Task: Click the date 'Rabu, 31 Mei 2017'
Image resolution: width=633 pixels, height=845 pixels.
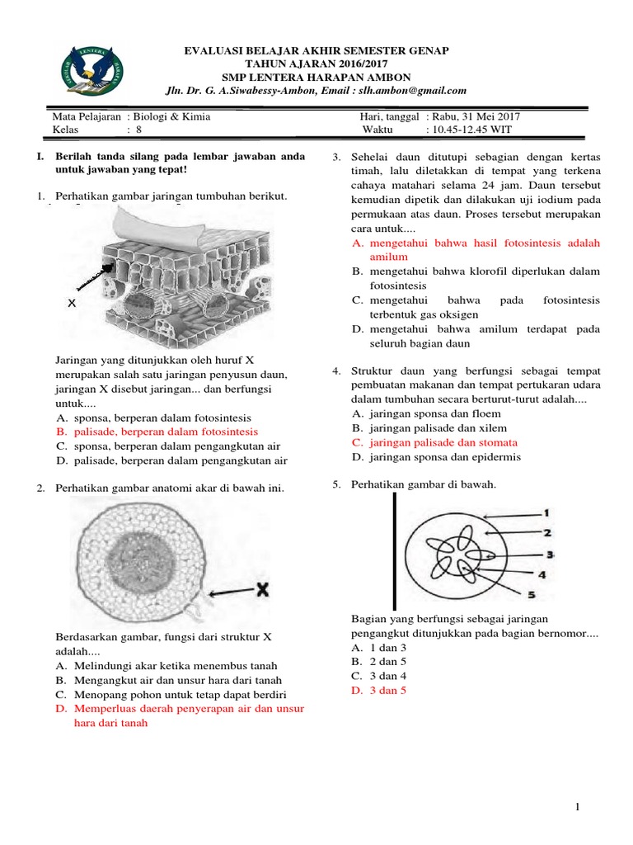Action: tap(475, 116)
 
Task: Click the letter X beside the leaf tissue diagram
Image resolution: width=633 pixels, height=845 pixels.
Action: tap(72, 304)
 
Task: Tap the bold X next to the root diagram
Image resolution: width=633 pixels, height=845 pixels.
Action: tap(262, 589)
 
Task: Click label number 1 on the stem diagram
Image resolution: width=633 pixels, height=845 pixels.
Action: tap(546, 512)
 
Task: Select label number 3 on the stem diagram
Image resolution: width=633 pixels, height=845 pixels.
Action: tap(550, 555)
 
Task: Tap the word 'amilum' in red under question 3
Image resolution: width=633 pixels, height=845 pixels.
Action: tap(389, 257)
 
